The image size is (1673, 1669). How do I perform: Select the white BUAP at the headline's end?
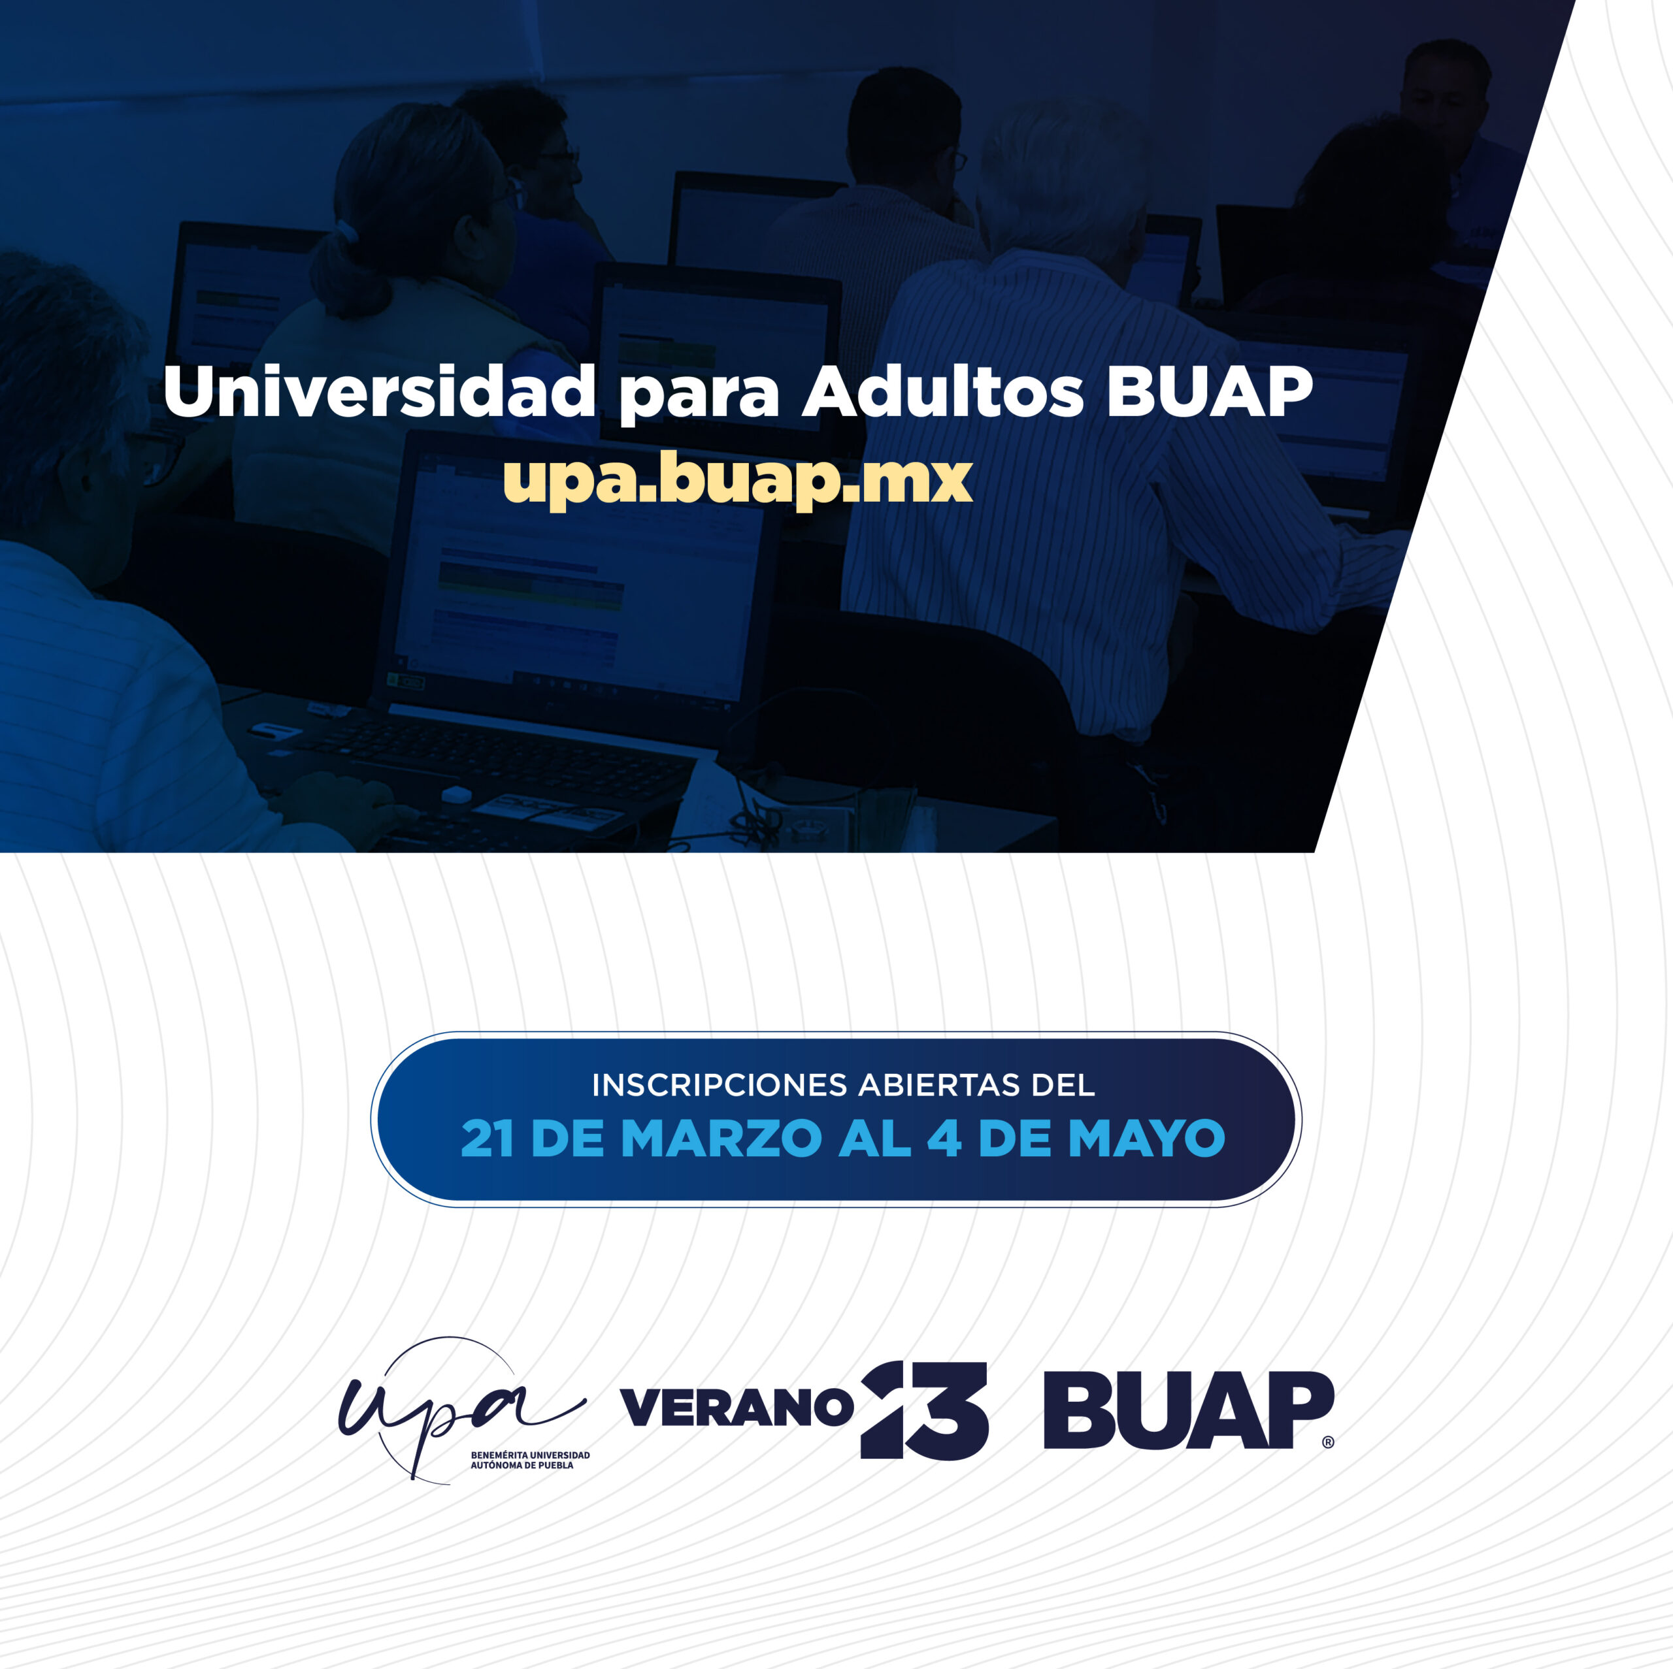pyautogui.click(x=1210, y=391)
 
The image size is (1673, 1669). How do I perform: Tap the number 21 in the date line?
pyautogui.click(x=488, y=1139)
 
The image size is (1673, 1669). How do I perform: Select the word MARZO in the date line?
pyautogui.click(x=721, y=1139)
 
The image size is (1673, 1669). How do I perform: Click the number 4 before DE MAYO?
pyautogui.click(x=944, y=1139)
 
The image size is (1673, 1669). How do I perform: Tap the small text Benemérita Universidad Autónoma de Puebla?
pyautogui.click(x=530, y=1459)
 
